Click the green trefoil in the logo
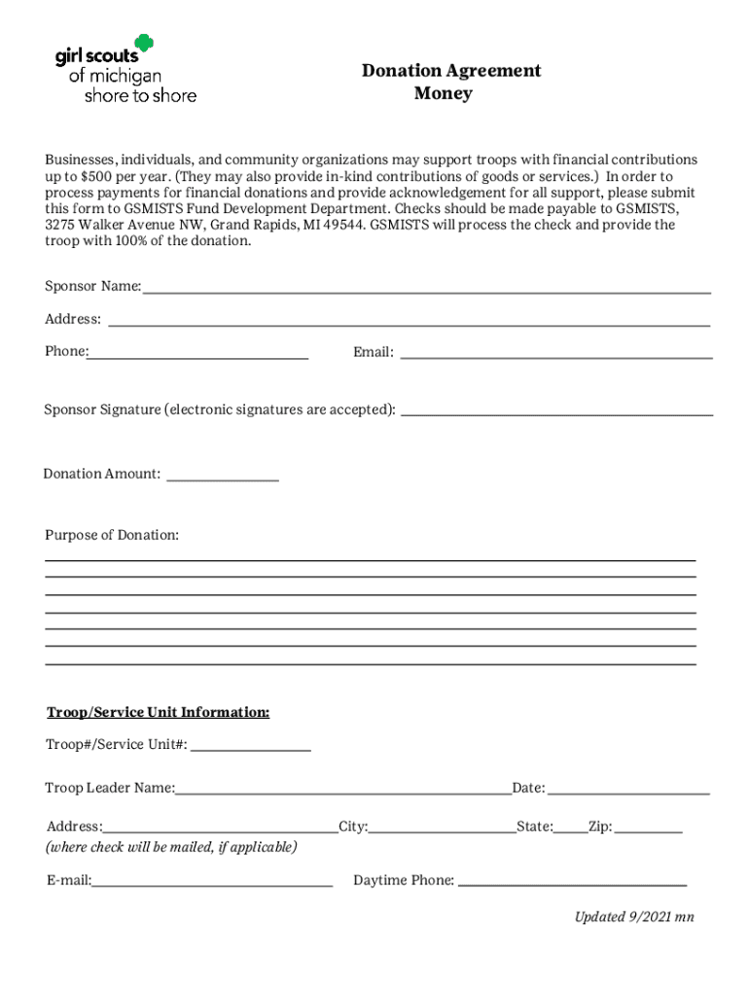[x=144, y=43]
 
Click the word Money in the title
[x=443, y=93]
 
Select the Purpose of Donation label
[x=112, y=536]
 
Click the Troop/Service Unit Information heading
[x=159, y=713]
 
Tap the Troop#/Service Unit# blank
[x=251, y=749]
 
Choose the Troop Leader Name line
[x=343, y=792]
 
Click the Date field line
[x=628, y=792]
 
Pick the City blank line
[x=442, y=831]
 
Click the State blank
[x=570, y=831]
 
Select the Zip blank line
[x=648, y=831]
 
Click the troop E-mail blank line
[x=212, y=884]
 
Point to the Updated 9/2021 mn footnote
[x=634, y=916]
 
